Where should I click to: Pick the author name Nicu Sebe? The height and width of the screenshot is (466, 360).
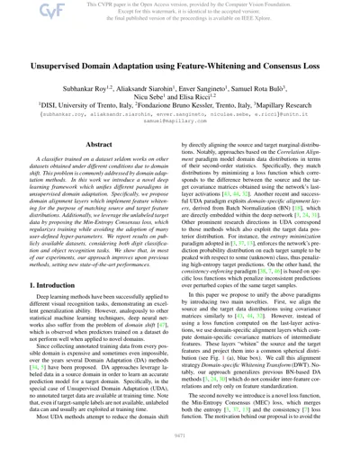pos(166,98)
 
